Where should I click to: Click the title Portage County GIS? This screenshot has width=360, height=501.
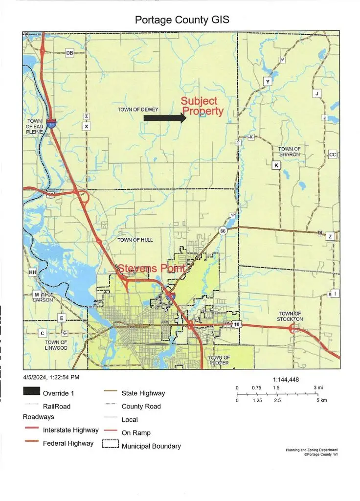coord(182,21)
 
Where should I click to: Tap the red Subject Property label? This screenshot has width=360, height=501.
coord(202,106)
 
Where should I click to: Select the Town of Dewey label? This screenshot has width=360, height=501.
coord(137,110)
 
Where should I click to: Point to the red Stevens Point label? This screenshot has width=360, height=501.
coord(151,269)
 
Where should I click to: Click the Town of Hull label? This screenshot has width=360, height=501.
coord(135,240)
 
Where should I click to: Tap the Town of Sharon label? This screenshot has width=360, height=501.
coord(289,151)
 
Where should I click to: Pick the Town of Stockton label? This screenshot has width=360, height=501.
coord(291,316)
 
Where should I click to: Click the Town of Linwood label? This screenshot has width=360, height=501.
coord(56,345)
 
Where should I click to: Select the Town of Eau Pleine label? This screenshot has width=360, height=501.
coord(35,127)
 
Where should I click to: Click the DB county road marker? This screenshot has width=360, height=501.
coord(69,53)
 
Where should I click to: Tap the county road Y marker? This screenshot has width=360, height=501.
coord(268,81)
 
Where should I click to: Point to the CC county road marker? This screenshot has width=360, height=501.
coord(333,155)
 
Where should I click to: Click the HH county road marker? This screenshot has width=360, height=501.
coord(33,272)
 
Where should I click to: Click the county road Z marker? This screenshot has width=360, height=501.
coord(330,237)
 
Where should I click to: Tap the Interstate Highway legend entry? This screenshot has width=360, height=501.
coord(70,430)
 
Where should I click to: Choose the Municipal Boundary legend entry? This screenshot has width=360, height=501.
coord(151,446)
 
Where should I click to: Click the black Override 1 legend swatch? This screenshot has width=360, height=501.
coord(31,393)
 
